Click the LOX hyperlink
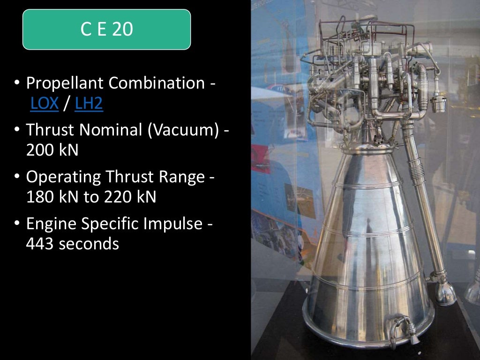45,104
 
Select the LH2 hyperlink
89,104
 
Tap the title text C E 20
106,30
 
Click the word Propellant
65,83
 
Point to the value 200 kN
52,150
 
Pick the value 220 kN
128,197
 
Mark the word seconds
89,244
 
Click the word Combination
157,83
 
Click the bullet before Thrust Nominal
17,130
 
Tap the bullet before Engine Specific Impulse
17,224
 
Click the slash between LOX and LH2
67,104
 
